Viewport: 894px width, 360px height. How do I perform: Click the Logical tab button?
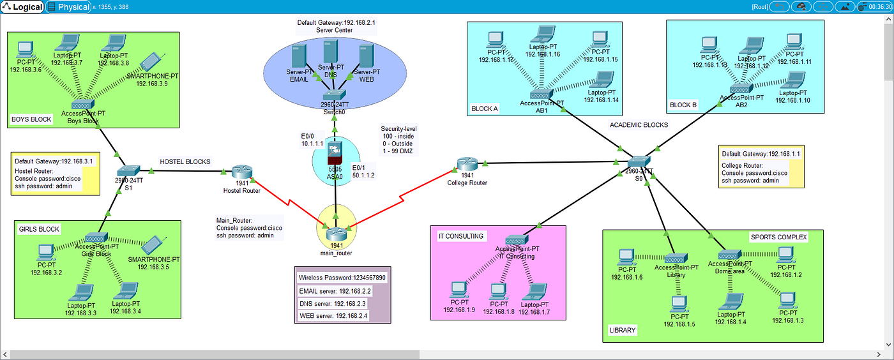pos(22,7)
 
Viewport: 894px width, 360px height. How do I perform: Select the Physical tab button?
pos(68,7)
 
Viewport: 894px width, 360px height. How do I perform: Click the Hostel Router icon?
pos(242,171)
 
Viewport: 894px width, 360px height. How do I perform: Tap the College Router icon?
pos(467,164)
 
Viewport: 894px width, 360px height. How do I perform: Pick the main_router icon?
pos(336,232)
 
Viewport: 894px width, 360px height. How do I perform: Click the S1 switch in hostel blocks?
pos(128,170)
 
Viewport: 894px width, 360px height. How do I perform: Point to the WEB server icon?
pos(367,57)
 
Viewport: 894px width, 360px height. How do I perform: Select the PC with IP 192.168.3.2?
pos(46,251)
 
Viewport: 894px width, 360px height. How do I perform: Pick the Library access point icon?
pos(676,259)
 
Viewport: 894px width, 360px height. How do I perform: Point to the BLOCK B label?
pos(683,105)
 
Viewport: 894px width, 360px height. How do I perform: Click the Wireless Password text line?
pos(342,278)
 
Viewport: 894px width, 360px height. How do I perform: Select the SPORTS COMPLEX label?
pos(778,237)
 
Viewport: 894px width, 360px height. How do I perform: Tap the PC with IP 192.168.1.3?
pos(787,299)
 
